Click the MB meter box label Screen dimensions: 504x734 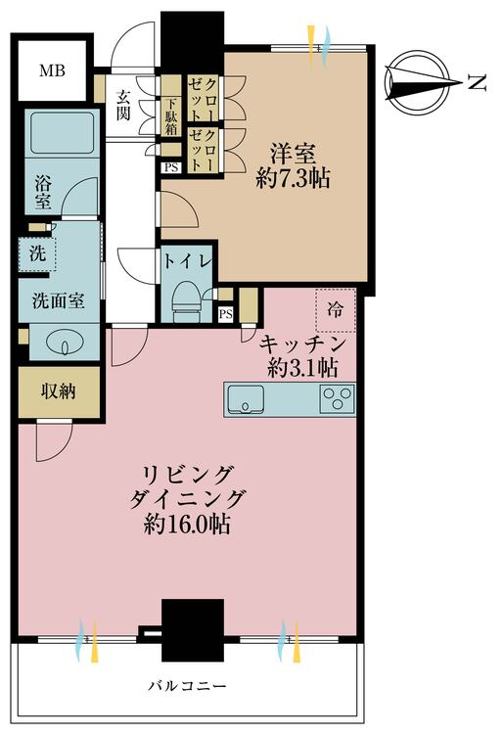(x=52, y=71)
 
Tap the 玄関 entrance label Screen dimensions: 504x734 (x=123, y=105)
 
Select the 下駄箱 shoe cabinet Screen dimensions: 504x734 (x=171, y=116)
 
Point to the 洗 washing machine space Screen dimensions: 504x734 (x=37, y=253)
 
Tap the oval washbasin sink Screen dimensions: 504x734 (x=65, y=344)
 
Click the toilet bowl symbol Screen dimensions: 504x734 (x=186, y=297)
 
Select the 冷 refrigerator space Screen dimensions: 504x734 (x=336, y=309)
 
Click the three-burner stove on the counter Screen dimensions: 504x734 (x=337, y=399)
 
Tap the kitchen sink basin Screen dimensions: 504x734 (x=246, y=399)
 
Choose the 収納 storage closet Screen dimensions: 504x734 (x=59, y=392)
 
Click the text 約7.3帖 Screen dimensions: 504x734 (x=293, y=178)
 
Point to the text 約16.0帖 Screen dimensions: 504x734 (x=187, y=525)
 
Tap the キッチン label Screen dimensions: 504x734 (x=302, y=344)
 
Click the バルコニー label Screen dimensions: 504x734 (x=187, y=686)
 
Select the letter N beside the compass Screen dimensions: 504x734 (x=478, y=83)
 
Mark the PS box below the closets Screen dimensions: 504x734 (x=171, y=167)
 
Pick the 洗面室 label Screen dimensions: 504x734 (x=59, y=300)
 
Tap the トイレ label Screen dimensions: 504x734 (x=187, y=261)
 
